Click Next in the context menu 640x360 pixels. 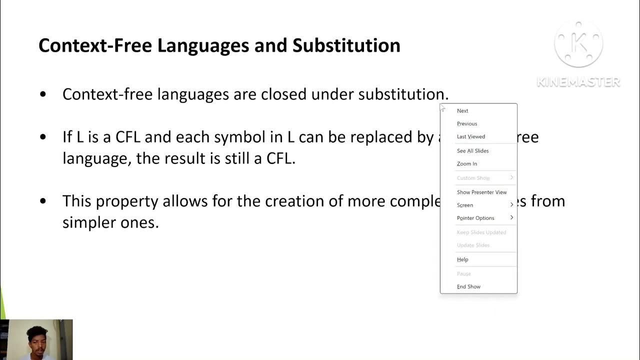pos(462,111)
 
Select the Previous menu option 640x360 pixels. pos(467,124)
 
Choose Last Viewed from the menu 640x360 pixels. pos(471,136)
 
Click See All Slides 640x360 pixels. pos(472,151)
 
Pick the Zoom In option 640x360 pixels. pos(467,164)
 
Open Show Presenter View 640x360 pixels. pos(481,192)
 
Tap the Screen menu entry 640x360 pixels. pos(465,205)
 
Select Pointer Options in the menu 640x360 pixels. pos(475,218)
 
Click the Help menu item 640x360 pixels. pos(462,260)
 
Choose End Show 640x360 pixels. pos(468,287)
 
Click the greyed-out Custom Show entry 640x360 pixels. pos(473,178)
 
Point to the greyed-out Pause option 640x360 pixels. pos(464,274)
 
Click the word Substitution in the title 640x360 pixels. pos(346,45)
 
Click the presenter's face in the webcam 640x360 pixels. pos(37,341)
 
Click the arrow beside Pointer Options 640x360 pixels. pos(511,218)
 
